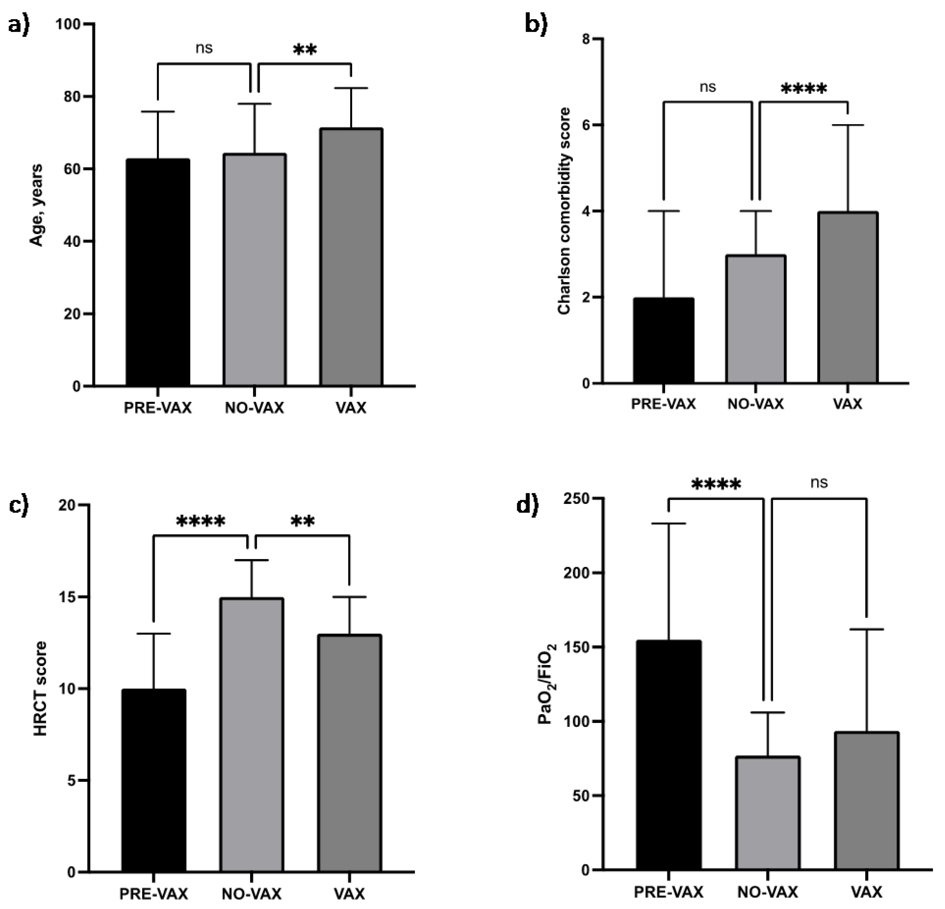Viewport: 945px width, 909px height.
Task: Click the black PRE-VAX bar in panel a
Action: coord(158,272)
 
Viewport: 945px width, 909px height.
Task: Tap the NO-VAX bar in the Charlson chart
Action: coord(756,319)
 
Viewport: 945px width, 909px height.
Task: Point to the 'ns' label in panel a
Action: coord(204,48)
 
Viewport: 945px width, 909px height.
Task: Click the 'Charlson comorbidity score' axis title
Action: coord(564,211)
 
